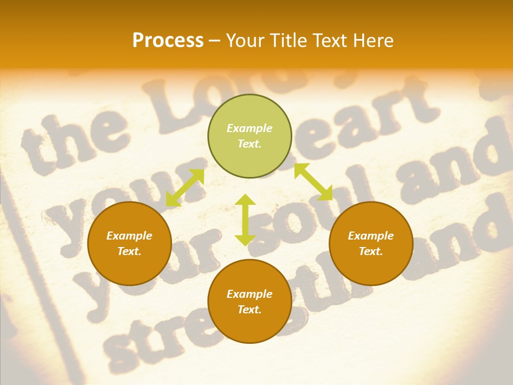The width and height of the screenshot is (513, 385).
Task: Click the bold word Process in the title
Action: coord(168,41)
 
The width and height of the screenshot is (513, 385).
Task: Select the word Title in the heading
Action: coord(289,41)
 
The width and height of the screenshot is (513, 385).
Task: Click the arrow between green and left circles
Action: coord(185,187)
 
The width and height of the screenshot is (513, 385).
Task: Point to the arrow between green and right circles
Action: coord(313,182)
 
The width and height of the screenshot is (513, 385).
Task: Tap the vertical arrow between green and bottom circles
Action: coord(245,220)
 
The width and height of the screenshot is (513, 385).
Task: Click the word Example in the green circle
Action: coord(250,128)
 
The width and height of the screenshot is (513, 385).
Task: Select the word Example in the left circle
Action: coord(129,236)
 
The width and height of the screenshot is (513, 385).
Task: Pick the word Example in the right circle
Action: coord(371,236)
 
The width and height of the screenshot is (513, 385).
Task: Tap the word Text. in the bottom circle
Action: coord(250,310)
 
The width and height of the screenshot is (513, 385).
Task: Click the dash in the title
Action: coord(214,41)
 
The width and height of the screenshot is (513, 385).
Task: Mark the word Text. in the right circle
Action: coord(371,251)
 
